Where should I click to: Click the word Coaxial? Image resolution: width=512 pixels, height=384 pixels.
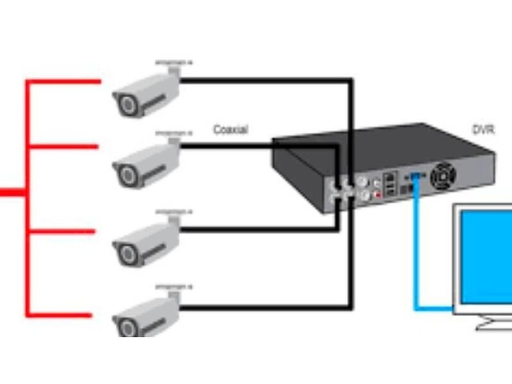tap(230, 129)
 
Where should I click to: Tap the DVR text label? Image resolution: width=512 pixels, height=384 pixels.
tap(483, 130)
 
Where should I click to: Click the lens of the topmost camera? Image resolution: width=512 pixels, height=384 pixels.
tap(125, 103)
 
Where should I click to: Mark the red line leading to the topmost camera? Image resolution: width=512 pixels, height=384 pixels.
tap(64, 82)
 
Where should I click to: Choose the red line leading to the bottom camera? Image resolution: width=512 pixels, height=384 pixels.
tap(64, 314)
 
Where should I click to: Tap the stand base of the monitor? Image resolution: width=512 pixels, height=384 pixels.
tap(496, 323)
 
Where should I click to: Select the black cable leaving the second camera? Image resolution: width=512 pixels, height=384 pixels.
tap(256, 147)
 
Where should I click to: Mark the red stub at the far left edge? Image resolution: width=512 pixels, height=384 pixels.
tap(10, 192)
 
